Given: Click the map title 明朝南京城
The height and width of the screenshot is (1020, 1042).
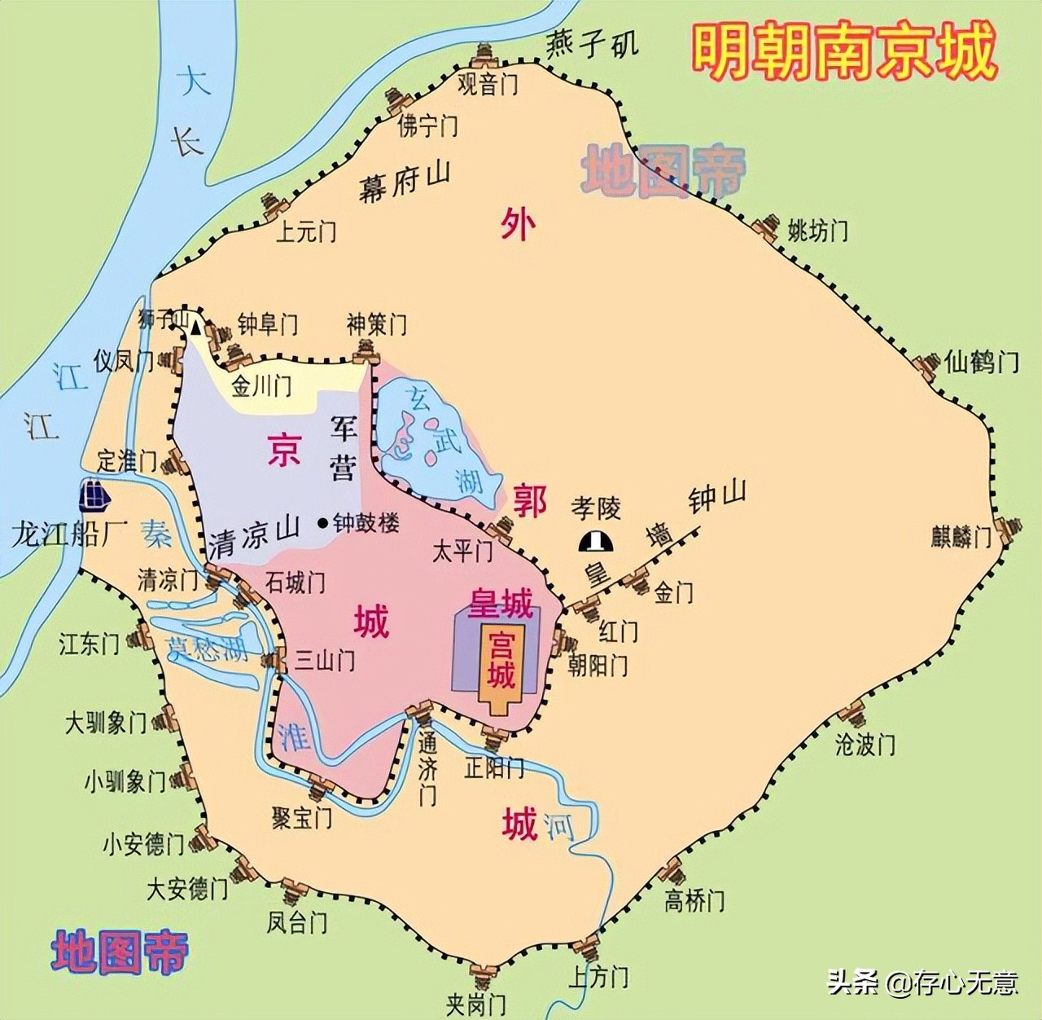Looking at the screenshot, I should point(844,51).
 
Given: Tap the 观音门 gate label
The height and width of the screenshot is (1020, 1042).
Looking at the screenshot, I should point(487,83).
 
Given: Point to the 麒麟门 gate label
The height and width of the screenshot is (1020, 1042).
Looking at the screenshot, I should point(961,536).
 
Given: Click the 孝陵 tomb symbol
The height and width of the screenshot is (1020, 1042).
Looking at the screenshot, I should point(596,540).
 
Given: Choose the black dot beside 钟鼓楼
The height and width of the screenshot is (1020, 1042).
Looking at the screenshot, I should point(324,522).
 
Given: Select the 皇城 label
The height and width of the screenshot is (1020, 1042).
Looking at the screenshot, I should point(501,604).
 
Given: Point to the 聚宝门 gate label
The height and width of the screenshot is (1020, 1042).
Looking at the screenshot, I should point(302,817).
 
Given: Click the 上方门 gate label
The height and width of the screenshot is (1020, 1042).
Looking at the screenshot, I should point(598,976).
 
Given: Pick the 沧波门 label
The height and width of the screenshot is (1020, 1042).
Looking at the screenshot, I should point(865,743).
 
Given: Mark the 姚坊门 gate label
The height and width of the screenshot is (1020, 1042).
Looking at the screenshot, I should point(817,231).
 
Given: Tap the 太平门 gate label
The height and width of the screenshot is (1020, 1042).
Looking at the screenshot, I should point(462,552).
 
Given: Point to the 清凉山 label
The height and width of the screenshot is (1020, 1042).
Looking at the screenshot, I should point(254,537).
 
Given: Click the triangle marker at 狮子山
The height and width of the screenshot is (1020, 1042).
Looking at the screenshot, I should point(196,325).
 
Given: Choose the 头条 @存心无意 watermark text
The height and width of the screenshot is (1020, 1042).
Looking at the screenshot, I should point(923,983).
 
